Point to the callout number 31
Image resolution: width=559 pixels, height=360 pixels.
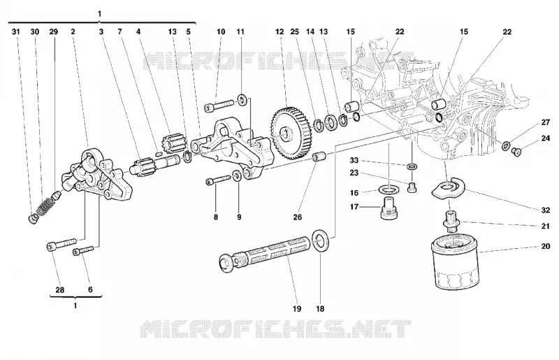click(15, 31)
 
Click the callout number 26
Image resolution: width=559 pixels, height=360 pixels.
click(298, 217)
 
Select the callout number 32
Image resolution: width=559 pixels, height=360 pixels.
click(546, 210)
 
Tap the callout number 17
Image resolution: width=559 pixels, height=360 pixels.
click(354, 207)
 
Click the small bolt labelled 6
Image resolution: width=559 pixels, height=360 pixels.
click(83, 250)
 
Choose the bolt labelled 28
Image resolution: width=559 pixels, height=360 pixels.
click(61, 245)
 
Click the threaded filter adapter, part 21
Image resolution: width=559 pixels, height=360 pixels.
click(451, 222)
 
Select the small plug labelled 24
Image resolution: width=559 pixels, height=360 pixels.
click(516, 152)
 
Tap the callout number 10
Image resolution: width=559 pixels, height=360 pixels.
click(221, 31)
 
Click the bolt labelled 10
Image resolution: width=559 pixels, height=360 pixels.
click(219, 106)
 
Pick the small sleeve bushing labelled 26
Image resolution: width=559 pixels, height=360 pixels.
click(319, 157)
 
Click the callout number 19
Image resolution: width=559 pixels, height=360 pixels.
click(297, 309)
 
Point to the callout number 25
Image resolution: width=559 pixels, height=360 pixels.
click(294, 31)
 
